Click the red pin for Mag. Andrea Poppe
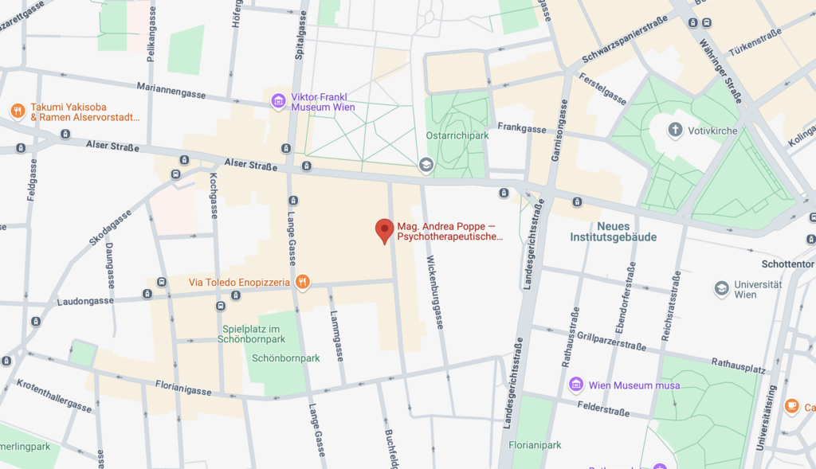[x=384, y=230]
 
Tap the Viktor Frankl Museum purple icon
[x=278, y=100]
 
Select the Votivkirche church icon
[x=675, y=129]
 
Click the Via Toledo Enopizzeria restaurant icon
[x=302, y=282]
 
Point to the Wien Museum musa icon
[x=576, y=385]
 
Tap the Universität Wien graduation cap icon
[x=721, y=288]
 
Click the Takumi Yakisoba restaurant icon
[x=17, y=111]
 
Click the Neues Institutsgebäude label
[x=613, y=231]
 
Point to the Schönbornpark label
[x=285, y=358]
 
